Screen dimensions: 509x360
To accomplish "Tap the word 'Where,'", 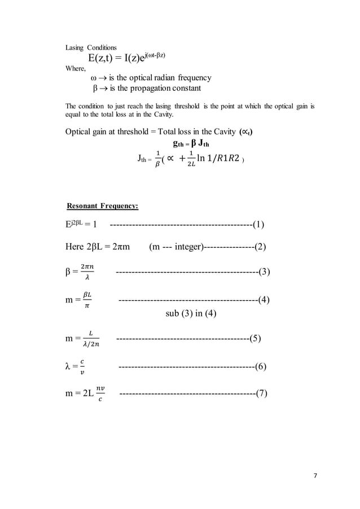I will point(76,69).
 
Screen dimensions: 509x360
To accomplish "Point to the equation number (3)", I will point(264,273).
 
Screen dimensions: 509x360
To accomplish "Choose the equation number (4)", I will point(263,300).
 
